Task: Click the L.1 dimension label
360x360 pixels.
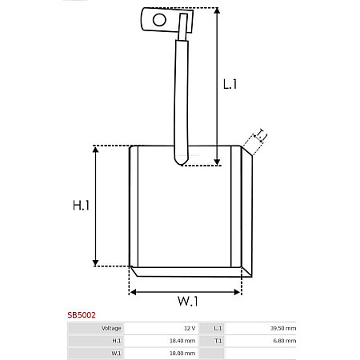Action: click(230, 83)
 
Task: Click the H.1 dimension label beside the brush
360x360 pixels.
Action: click(81, 206)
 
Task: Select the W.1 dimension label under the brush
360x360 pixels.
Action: click(187, 302)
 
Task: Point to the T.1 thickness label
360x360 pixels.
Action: click(262, 137)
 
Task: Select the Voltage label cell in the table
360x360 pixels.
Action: click(111, 329)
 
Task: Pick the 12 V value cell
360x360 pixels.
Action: click(189, 329)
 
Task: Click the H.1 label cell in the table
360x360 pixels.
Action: click(116, 341)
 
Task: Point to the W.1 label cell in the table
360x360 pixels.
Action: click(116, 353)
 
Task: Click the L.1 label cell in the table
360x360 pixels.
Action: click(218, 329)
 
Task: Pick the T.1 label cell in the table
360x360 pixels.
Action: click(218, 341)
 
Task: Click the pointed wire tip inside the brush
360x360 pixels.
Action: click(182, 163)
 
